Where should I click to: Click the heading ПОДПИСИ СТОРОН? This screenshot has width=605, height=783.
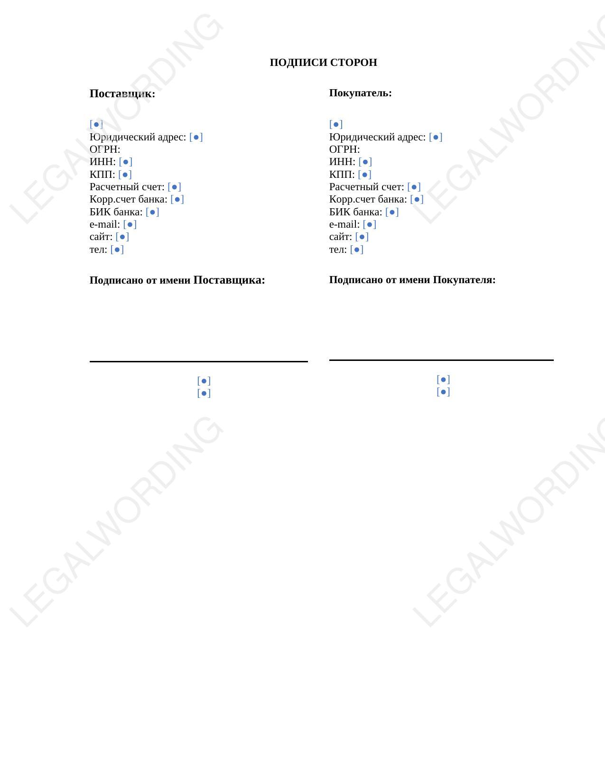[x=323, y=63]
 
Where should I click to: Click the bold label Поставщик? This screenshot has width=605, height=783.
[x=122, y=93]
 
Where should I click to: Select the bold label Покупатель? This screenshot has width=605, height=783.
[x=360, y=93]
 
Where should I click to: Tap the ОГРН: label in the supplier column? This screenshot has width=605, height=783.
[x=105, y=149]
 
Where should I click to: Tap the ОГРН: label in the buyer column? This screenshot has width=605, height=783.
[x=344, y=149]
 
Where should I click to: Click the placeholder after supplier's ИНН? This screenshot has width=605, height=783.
[x=126, y=162]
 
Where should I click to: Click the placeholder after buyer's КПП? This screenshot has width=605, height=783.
[x=365, y=175]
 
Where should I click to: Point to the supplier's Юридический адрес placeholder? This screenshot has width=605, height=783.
[x=196, y=137]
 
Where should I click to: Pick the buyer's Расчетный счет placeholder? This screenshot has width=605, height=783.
[x=414, y=187]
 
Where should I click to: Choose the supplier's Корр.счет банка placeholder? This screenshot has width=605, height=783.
[x=177, y=199]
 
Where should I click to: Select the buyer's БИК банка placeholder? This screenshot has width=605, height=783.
[x=392, y=212]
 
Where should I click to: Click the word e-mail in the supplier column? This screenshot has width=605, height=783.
[x=104, y=224]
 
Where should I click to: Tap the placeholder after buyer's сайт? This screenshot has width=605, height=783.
[x=362, y=237]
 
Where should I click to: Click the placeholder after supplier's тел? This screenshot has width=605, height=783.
[x=117, y=249]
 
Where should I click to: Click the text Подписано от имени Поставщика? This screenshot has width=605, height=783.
[x=177, y=280]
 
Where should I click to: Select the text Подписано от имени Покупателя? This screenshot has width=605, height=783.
[x=412, y=280]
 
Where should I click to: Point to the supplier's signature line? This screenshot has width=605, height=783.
[x=198, y=361]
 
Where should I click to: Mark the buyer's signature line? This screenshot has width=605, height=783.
[x=441, y=360]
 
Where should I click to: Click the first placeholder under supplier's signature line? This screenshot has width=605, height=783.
[x=204, y=381]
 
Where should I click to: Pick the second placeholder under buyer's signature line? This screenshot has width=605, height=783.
[x=443, y=392]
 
